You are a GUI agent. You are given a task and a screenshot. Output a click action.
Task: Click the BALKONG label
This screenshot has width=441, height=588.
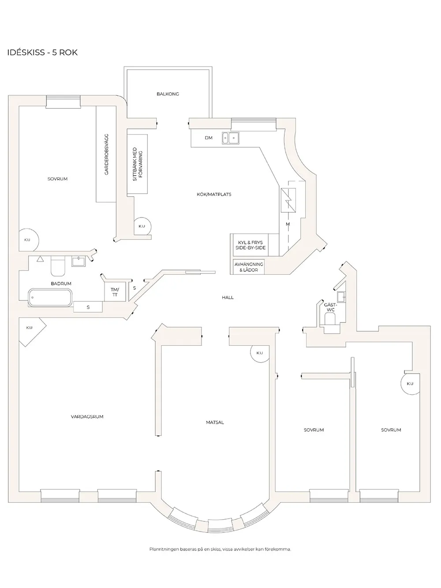pyautogui.click(x=168, y=94)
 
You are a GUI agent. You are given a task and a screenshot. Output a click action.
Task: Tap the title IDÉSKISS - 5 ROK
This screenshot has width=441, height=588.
pyautogui.click(x=42, y=52)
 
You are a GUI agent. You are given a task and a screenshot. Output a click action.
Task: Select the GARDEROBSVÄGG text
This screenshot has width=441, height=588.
pyautogui.click(x=106, y=154)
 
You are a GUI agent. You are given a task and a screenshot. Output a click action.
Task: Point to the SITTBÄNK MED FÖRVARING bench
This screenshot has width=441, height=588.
pyautogui.click(x=137, y=164)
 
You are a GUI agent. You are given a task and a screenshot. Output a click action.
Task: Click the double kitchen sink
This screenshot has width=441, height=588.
pyautogui.click(x=230, y=138)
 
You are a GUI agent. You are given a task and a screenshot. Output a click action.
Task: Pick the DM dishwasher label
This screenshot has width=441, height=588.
pyautogui.click(x=209, y=138)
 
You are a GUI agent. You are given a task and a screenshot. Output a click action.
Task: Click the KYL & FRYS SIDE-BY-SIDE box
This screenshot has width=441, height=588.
pyautogui.click(x=250, y=245)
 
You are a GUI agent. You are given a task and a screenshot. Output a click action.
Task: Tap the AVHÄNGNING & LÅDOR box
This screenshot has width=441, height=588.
pyautogui.click(x=248, y=267)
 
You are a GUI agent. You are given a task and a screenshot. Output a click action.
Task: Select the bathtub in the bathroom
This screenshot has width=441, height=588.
pyautogui.click(x=50, y=298)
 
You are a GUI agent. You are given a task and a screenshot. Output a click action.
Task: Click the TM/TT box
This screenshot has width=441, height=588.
pyautogui.click(x=115, y=292)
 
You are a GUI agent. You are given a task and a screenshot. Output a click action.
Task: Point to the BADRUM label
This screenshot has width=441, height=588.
pyautogui.click(x=61, y=284)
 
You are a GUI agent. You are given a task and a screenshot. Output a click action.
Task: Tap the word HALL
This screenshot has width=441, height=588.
pyautogui.click(x=228, y=297)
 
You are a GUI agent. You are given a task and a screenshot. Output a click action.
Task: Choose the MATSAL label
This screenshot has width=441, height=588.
pyautogui.click(x=215, y=423)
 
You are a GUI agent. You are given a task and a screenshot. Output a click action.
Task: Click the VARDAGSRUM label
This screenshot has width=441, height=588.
pyautogui.click(x=87, y=416)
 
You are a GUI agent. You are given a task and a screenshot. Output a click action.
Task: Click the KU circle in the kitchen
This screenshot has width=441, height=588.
pyautogui.click(x=142, y=227)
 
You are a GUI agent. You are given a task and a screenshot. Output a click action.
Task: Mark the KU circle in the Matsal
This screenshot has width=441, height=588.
pyautogui.click(x=260, y=353)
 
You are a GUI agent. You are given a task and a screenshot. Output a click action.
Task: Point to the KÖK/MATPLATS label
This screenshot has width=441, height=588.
pyautogui.click(x=214, y=195)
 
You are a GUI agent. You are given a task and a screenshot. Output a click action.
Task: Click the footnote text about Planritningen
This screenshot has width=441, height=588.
pyautogui.click(x=220, y=549)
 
